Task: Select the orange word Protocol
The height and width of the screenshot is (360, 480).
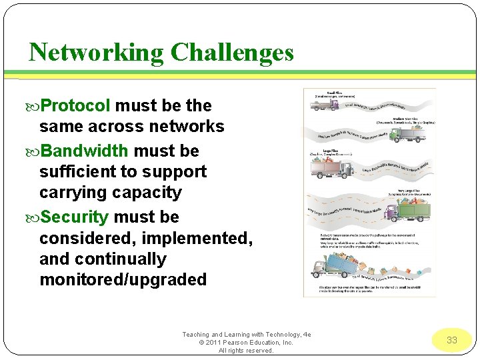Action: click(x=75, y=106)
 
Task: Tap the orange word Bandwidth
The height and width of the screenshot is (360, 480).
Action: click(x=85, y=151)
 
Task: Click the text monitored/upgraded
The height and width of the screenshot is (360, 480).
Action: click(x=123, y=279)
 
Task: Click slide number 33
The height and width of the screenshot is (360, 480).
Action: click(x=452, y=340)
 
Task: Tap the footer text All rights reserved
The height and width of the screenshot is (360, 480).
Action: click(x=246, y=351)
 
